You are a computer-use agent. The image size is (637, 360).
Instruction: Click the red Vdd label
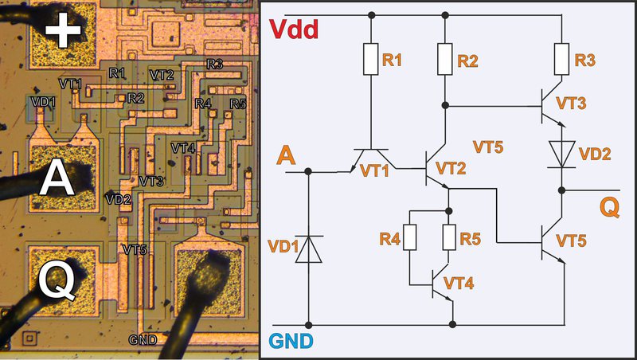coord(295,30)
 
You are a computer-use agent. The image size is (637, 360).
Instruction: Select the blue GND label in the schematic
coord(291,342)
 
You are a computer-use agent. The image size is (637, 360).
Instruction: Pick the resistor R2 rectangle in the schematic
coord(446,59)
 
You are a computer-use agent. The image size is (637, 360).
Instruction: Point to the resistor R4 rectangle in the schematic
coord(409,237)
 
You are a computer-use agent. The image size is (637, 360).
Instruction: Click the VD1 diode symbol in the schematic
coord(308,249)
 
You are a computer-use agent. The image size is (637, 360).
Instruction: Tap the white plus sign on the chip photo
coord(63,31)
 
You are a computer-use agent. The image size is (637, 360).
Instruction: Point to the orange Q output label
coord(609,208)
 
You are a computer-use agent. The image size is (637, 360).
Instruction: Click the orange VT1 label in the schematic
coord(376,170)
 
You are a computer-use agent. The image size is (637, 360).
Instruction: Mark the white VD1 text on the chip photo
coord(42,102)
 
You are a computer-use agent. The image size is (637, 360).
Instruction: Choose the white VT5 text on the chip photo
coord(135,249)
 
